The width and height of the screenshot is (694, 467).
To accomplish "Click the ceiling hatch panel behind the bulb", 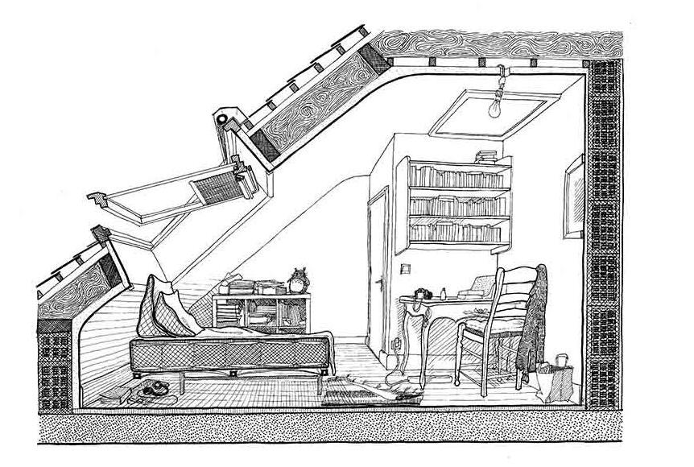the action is [467, 113].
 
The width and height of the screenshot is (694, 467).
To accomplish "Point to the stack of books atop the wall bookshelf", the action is [488, 157].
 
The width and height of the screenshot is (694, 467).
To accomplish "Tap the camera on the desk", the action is [420, 294].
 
